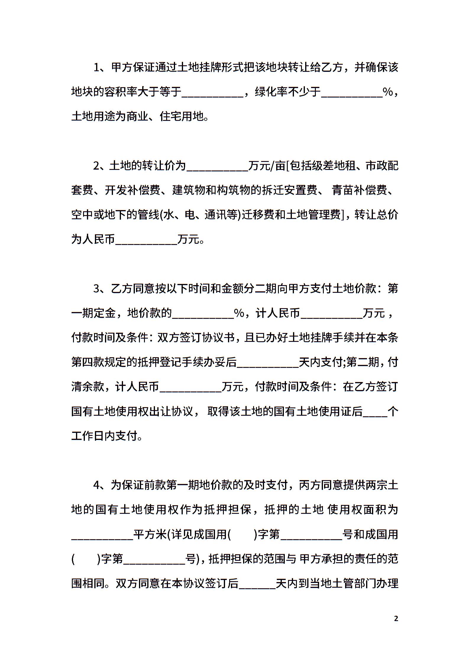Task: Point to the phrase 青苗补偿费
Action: (360, 190)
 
